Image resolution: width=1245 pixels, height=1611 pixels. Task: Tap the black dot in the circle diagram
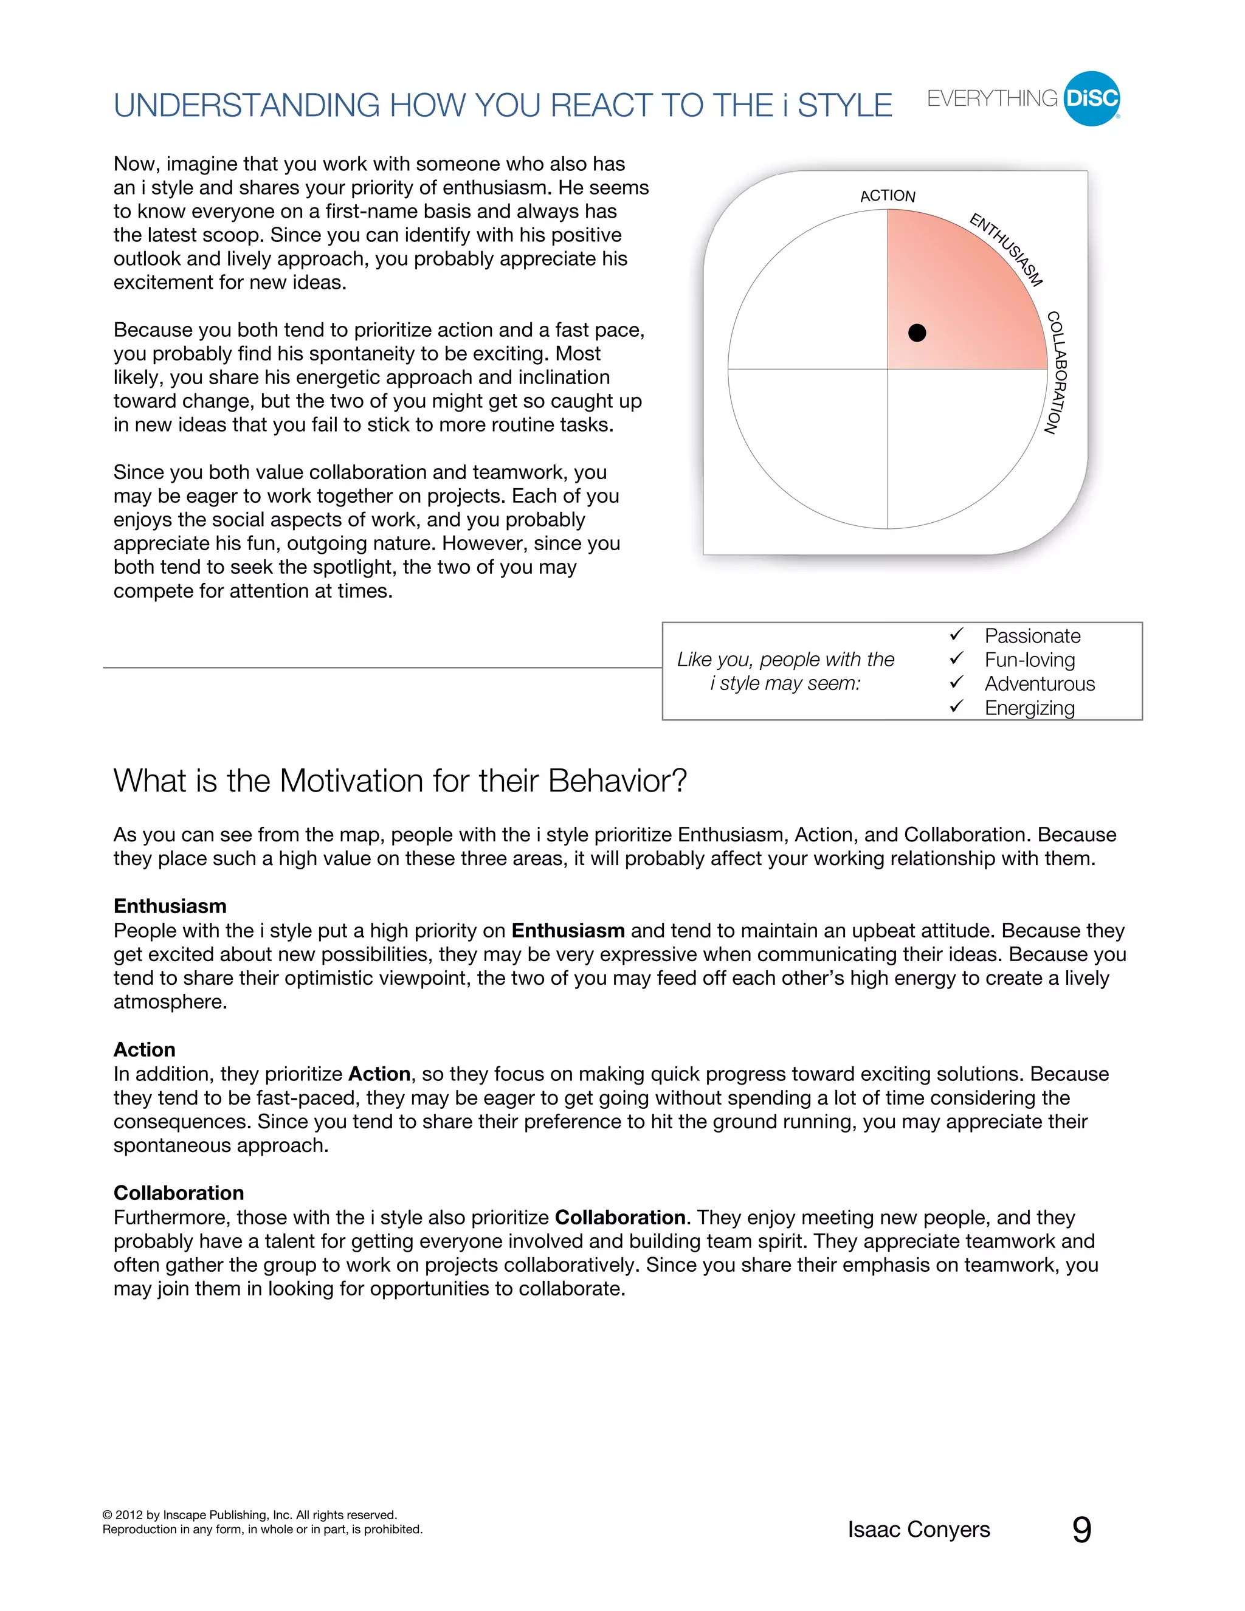point(917,333)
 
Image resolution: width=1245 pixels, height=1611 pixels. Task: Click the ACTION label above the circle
point(888,196)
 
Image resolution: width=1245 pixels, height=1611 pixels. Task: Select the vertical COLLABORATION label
point(1056,373)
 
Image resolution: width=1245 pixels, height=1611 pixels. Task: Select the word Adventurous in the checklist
point(1039,684)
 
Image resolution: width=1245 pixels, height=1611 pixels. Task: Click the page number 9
point(1081,1530)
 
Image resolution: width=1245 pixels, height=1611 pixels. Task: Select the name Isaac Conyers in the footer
point(919,1530)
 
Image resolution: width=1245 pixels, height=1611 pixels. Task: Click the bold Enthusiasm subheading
point(170,906)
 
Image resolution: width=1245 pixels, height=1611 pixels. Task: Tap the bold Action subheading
point(145,1050)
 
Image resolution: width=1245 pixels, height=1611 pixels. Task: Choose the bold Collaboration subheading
point(179,1193)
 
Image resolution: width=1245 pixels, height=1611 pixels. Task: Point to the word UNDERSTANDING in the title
point(246,106)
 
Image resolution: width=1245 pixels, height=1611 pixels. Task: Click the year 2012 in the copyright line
point(129,1515)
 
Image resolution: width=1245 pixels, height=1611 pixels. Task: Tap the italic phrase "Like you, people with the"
point(785,660)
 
